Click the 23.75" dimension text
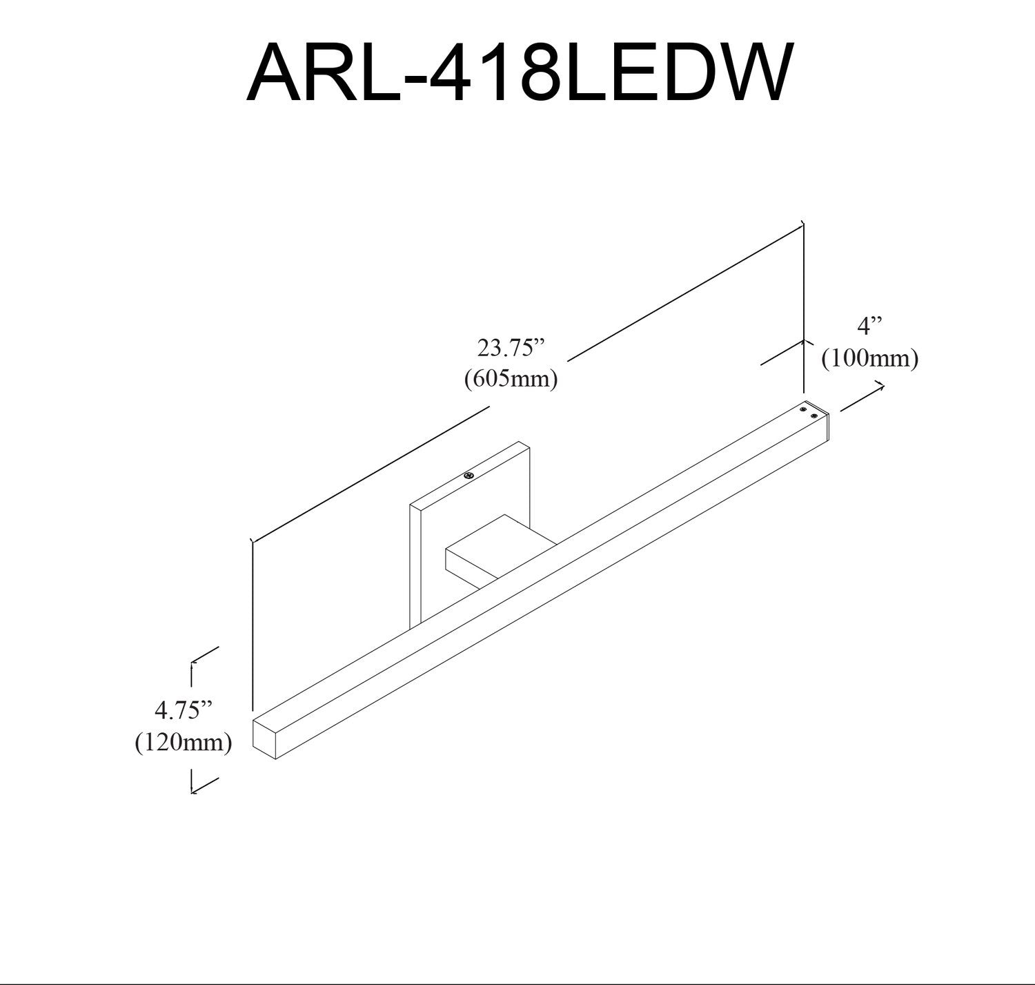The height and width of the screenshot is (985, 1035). pyautogui.click(x=511, y=348)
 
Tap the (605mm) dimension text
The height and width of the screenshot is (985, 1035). pyautogui.click(x=511, y=379)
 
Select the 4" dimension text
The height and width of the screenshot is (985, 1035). pyautogui.click(x=869, y=326)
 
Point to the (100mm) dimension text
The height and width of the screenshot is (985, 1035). pyautogui.click(x=869, y=359)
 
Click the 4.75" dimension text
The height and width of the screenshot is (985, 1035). pyautogui.click(x=183, y=709)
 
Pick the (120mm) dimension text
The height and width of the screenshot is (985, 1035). pyautogui.click(x=183, y=743)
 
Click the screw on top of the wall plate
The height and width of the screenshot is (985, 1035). pyautogui.click(x=469, y=475)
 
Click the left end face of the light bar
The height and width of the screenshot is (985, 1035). pyautogui.click(x=264, y=739)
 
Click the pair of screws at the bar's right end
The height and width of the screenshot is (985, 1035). pyautogui.click(x=808, y=413)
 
